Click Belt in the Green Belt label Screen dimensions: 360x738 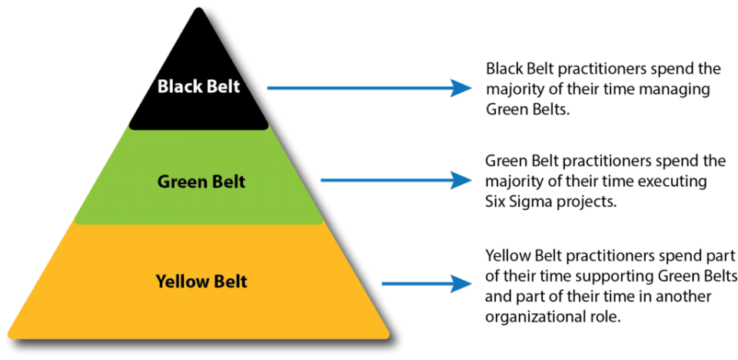228,182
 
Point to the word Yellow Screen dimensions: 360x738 183,282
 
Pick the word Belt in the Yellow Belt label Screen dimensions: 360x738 231,282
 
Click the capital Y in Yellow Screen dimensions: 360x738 160,282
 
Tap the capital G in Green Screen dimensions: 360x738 163,182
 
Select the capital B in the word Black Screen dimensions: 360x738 162,86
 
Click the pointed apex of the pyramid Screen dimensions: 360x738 199,10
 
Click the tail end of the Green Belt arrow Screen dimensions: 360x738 322,180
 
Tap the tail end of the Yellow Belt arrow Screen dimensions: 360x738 383,283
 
